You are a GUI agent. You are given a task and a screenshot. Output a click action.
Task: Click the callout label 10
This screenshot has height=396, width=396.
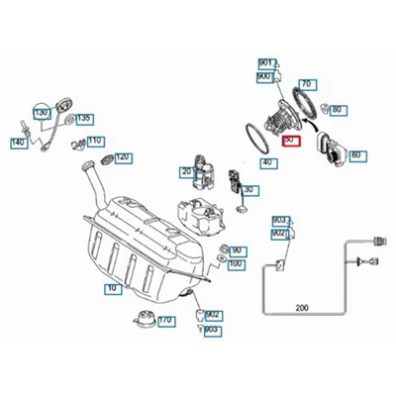tap(110, 287)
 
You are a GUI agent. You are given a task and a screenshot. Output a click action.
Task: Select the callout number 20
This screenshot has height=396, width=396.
tap(185, 172)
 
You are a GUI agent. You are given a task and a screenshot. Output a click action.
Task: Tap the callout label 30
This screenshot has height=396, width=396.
tap(247, 190)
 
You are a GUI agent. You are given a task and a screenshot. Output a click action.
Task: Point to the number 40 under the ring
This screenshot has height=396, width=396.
tap(266, 161)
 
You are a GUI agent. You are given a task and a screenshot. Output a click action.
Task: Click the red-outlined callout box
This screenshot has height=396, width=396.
tap(289, 143)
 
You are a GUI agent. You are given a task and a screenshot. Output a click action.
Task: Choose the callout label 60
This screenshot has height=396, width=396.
tap(355, 155)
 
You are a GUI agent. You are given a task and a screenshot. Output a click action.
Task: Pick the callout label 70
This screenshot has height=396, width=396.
tap(306, 84)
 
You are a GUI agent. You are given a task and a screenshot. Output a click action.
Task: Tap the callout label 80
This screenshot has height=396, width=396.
tap(338, 109)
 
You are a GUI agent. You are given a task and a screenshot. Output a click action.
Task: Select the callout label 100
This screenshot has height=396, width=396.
tap(236, 263)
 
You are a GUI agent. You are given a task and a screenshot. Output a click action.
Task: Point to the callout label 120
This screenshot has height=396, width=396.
tap(122, 156)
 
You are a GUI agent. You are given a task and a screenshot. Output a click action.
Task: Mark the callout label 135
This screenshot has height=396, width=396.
tap(84, 119)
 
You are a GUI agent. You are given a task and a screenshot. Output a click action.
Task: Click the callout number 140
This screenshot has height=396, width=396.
tap(18, 143)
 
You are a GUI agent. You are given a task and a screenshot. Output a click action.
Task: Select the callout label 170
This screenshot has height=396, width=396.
tap(165, 321)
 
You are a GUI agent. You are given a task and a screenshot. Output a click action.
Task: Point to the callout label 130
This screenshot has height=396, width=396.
tap(42, 114)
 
